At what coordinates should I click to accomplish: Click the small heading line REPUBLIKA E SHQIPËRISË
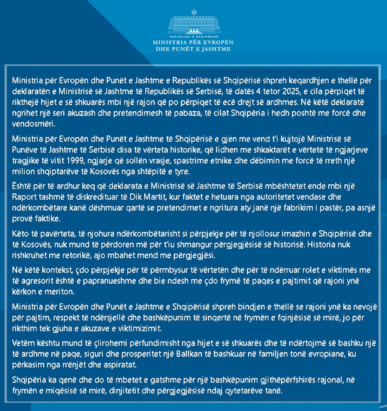[x=193, y=37]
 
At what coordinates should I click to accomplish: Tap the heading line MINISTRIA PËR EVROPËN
[x=193, y=43]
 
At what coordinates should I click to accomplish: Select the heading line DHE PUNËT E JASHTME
[x=193, y=49]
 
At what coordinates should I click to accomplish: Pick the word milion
[x=22, y=172]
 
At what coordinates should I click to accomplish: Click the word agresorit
[x=37, y=281]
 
